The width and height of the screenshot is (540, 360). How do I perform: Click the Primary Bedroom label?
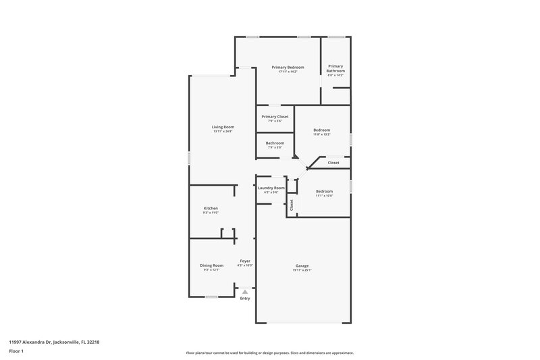pyautogui.click(x=288, y=68)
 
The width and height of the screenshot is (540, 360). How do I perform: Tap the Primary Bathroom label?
pyautogui.click(x=335, y=68)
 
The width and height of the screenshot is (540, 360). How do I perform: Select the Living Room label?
pyautogui.click(x=223, y=127)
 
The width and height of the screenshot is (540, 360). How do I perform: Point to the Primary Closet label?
pyautogui.click(x=275, y=117)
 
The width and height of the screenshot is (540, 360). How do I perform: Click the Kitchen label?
pyautogui.click(x=211, y=208)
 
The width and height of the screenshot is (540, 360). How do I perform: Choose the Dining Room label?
pyautogui.click(x=211, y=265)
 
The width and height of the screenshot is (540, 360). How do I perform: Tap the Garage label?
pyautogui.click(x=302, y=265)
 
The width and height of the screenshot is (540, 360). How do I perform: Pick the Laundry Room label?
pyautogui.click(x=271, y=188)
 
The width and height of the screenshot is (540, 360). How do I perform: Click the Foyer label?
pyautogui.click(x=245, y=261)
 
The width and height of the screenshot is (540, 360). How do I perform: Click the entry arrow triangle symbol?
pyautogui.click(x=245, y=292)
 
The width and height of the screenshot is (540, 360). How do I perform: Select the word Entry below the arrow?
pyautogui.click(x=245, y=299)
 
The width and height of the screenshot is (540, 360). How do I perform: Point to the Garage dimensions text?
pyautogui.click(x=302, y=270)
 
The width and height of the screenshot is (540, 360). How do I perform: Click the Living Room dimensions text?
pyautogui.click(x=223, y=132)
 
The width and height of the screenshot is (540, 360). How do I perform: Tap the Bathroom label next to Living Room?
pyautogui.click(x=275, y=143)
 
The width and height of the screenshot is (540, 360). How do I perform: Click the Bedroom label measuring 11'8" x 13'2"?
pyautogui.click(x=321, y=130)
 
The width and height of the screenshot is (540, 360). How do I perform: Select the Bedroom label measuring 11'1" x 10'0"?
pyautogui.click(x=324, y=191)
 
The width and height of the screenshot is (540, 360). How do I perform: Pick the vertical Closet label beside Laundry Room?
pyautogui.click(x=292, y=205)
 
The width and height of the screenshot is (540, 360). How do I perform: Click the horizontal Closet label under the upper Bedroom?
pyautogui.click(x=333, y=163)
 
